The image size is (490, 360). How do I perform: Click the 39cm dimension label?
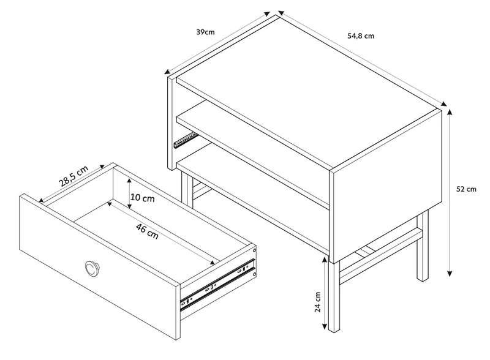(x=205, y=32)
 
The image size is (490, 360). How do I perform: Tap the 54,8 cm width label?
(x=361, y=36)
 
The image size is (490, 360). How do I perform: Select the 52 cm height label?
(x=466, y=189)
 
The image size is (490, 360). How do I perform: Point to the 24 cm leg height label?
(x=318, y=302)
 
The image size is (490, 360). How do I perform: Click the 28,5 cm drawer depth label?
(x=73, y=176)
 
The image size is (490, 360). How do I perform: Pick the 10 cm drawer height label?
(x=143, y=198)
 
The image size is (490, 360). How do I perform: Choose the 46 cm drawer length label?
(x=147, y=231)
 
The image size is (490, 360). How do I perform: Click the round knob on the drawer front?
(x=92, y=268)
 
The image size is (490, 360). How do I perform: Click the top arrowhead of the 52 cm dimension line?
(x=450, y=112)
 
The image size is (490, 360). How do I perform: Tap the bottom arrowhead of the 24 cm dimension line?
(x=325, y=326)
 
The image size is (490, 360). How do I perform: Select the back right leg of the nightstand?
(x=423, y=246)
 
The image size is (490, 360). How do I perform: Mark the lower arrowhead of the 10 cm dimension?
(x=130, y=206)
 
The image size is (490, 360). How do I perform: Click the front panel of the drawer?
(x=99, y=266)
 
